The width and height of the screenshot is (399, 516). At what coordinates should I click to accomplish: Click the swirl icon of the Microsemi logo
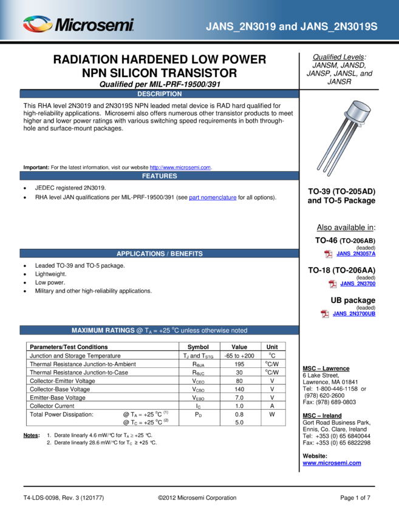click(x=37, y=24)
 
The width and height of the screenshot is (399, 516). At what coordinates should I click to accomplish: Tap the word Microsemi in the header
click(x=94, y=25)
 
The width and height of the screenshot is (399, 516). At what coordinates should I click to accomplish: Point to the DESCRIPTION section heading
click(x=159, y=94)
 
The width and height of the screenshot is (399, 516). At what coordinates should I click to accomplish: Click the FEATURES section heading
click(x=159, y=176)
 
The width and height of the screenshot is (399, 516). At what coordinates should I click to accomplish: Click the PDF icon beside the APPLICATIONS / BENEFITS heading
click(x=328, y=254)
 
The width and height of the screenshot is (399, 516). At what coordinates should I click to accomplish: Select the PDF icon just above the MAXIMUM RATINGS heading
click(x=325, y=314)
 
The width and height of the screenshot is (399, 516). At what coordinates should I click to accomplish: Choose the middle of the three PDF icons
click(x=333, y=284)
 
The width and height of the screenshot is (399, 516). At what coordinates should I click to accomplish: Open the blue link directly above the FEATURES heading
click(x=180, y=168)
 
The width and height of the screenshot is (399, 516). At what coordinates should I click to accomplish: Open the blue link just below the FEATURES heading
click(x=213, y=198)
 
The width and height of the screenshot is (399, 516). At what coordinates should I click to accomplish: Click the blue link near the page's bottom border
click(x=332, y=464)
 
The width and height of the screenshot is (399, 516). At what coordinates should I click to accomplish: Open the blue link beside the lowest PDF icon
click(x=354, y=314)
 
